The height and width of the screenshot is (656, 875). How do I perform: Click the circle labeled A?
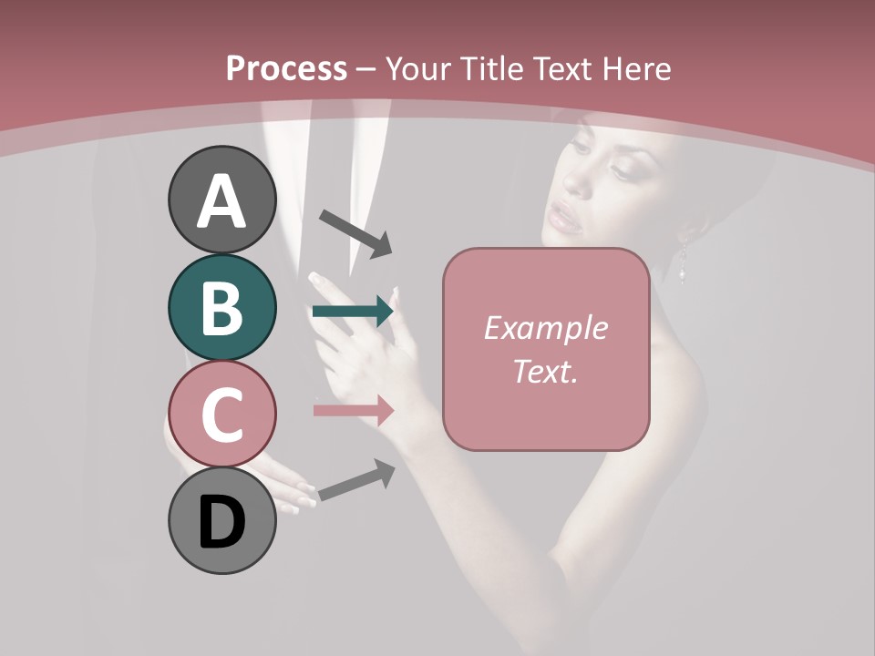tap(222, 200)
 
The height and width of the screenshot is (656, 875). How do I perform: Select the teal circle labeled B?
tap(222, 307)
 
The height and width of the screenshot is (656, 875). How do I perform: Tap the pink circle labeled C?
tap(222, 414)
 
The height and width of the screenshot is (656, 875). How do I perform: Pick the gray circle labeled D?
tap(222, 520)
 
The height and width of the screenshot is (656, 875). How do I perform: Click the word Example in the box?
tap(546, 329)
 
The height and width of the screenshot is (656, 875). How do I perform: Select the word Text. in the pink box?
tap(546, 371)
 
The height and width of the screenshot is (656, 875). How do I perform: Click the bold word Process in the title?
tap(286, 68)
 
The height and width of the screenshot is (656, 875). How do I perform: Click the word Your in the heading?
tap(421, 68)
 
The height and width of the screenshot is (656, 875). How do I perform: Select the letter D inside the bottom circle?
tap(222, 523)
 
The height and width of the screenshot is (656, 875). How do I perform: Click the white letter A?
tap(222, 201)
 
